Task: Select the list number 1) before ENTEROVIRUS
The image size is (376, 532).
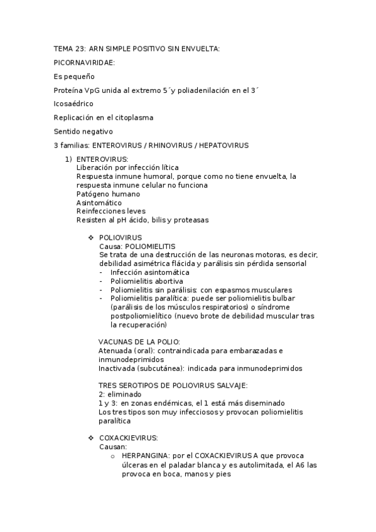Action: [x=69, y=159]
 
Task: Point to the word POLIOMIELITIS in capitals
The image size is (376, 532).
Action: [x=149, y=247]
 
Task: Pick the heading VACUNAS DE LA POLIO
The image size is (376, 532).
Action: [x=139, y=342]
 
